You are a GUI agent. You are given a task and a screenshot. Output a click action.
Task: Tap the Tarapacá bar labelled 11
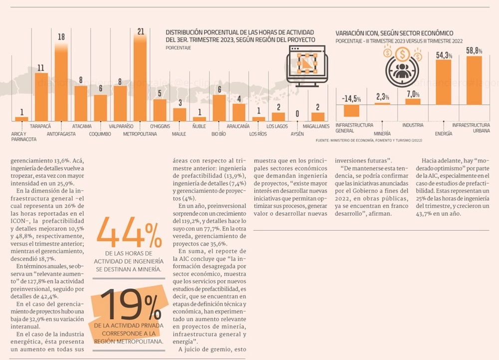(x=41, y=97)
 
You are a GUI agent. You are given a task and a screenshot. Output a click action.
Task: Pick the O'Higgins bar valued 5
(x=160, y=110)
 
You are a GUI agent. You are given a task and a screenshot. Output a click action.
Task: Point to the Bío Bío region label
(x=219, y=134)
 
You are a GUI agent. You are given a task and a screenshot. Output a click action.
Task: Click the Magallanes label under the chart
(x=316, y=127)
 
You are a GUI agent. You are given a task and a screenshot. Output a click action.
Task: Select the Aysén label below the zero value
(x=297, y=134)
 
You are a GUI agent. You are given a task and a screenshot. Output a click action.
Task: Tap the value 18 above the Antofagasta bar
(x=61, y=37)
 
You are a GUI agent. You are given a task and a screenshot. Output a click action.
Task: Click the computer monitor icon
(x=307, y=65)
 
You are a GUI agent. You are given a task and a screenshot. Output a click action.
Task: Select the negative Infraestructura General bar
(x=351, y=110)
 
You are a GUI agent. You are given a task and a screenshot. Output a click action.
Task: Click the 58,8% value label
(x=474, y=50)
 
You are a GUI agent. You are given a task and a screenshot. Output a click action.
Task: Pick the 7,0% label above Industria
(x=413, y=94)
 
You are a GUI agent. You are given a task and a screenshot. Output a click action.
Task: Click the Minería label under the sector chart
(x=382, y=134)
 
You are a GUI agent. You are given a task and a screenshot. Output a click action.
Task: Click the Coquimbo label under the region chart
(x=100, y=134)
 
